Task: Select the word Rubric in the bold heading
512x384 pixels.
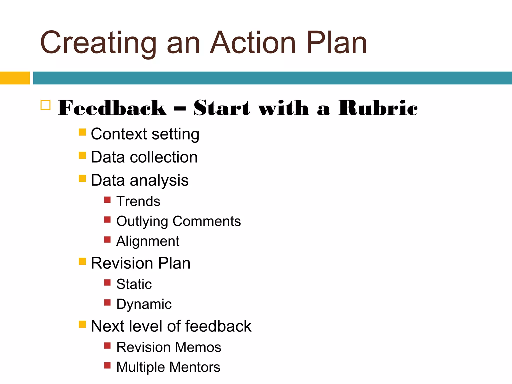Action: tap(378, 108)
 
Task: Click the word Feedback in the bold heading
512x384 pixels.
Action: tap(112, 108)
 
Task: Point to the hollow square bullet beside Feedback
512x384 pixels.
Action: tap(45, 105)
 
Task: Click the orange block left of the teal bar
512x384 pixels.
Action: tap(15, 78)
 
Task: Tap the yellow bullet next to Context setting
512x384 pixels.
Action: tap(82, 132)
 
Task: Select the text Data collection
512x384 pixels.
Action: tap(144, 157)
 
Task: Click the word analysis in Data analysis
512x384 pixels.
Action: tap(159, 180)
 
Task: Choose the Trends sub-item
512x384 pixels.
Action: tap(138, 201)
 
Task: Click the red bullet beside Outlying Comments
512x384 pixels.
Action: tap(107, 220)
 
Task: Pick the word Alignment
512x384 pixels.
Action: tap(148, 241)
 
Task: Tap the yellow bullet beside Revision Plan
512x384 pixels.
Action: tap(82, 261)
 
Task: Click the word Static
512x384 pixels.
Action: tap(134, 284)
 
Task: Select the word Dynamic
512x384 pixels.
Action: tap(144, 304)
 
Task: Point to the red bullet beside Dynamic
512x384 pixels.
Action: tap(107, 302)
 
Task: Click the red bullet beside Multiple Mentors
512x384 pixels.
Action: tap(107, 365)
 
